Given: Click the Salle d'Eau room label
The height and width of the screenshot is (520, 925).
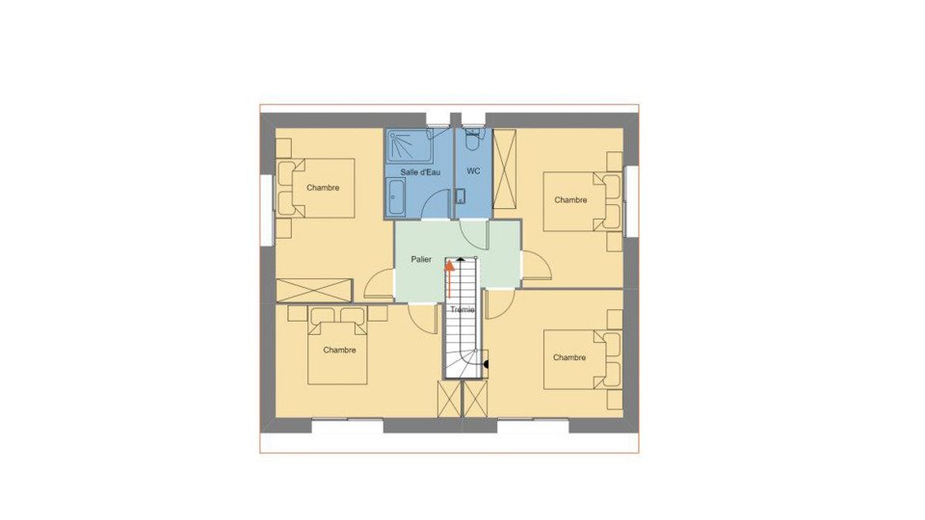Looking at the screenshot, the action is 420,172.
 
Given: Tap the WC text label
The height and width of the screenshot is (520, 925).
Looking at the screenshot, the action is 473,171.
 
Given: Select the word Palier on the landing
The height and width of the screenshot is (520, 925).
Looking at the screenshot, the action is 421,259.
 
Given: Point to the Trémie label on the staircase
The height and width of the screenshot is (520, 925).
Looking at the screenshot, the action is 462,309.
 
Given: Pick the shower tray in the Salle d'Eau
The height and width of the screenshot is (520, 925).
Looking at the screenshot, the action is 410,146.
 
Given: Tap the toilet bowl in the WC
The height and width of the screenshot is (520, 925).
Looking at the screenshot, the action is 473,141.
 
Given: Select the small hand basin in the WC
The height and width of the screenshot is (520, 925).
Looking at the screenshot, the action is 461,195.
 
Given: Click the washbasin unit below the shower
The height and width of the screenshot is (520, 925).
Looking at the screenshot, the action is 396,196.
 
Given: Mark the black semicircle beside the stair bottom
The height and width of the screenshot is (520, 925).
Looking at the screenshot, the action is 486,364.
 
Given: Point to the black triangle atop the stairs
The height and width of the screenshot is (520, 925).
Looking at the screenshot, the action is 461,258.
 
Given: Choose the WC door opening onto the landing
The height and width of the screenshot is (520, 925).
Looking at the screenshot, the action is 474,234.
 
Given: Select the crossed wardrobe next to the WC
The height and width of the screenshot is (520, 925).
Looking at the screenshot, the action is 504,169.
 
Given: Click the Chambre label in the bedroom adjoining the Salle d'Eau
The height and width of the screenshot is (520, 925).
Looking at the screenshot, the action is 323,188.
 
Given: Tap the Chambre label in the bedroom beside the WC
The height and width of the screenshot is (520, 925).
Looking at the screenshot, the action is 570,200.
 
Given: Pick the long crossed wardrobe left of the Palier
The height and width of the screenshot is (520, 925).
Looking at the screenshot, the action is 314,290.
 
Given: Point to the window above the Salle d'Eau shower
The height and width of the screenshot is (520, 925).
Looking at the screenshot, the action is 437,125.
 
